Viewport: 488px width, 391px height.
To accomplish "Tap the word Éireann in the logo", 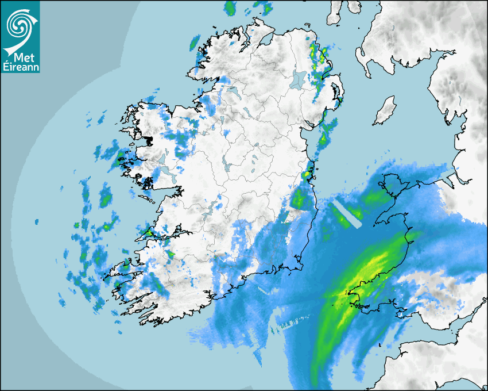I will tap(21, 67).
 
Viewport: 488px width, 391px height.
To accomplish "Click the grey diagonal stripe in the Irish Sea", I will tap(348, 213).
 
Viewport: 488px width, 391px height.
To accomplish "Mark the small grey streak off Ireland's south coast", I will tap(263, 289).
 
